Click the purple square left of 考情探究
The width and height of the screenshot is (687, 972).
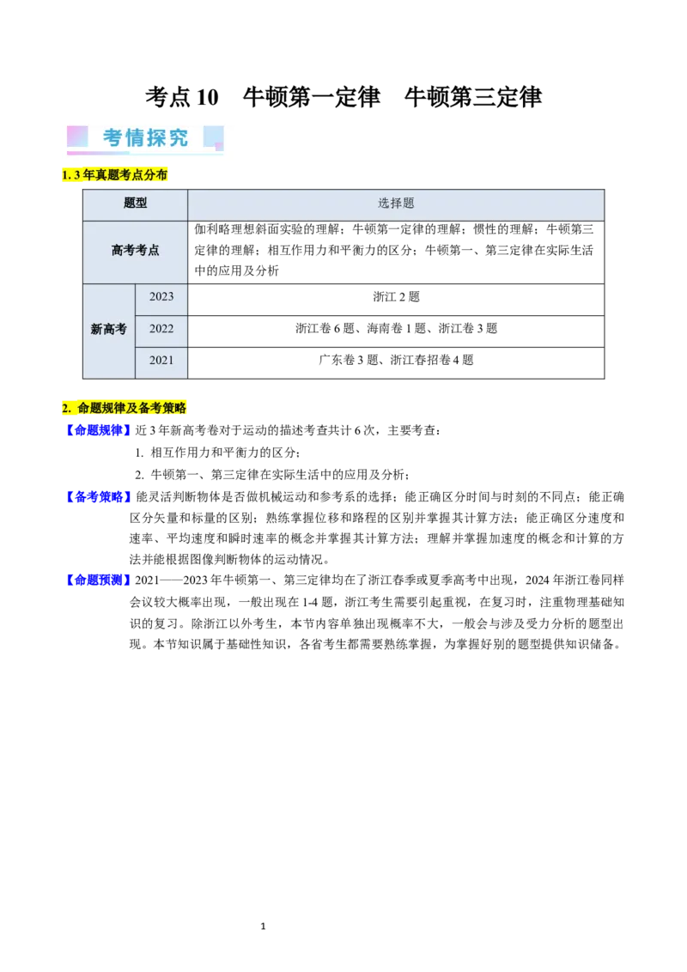(x=77, y=137)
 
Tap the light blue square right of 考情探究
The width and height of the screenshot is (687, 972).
(x=213, y=137)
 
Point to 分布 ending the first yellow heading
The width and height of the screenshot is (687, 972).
(x=155, y=175)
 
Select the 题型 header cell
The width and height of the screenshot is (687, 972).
(x=135, y=204)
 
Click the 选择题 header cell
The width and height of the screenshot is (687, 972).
(x=396, y=204)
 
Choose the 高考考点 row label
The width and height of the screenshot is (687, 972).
(x=135, y=251)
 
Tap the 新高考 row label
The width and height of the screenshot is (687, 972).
(x=109, y=329)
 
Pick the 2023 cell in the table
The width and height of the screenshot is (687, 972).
(x=161, y=297)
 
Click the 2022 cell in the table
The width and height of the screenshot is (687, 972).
(x=161, y=329)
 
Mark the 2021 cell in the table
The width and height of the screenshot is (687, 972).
(x=161, y=361)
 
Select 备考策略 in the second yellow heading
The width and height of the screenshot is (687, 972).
(x=162, y=409)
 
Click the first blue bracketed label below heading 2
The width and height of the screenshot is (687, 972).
(x=97, y=431)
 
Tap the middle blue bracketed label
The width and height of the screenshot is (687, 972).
(x=97, y=497)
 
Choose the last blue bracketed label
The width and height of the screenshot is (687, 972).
(x=97, y=581)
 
